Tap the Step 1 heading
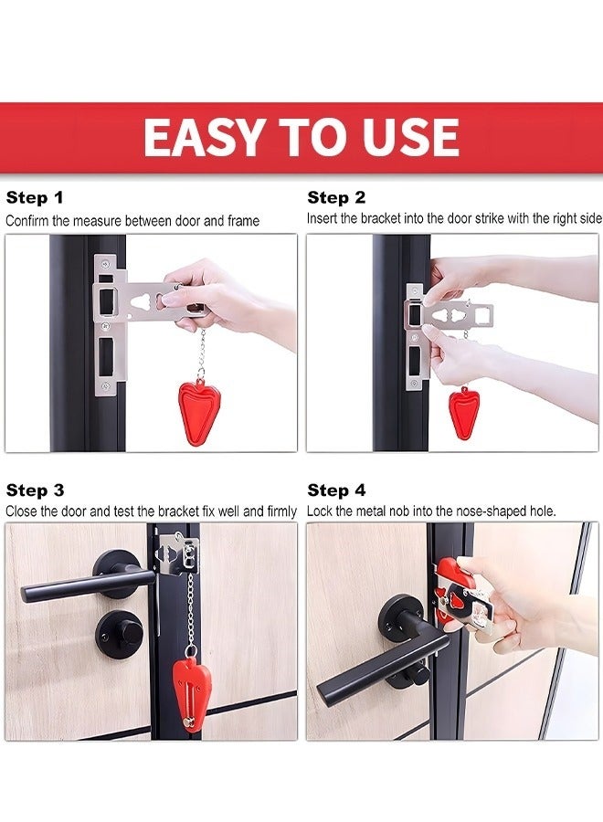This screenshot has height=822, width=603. click(x=35, y=197)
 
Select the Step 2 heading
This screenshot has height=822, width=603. click(x=336, y=197)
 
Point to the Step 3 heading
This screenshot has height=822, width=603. click(x=35, y=490)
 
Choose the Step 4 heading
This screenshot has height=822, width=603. click(x=336, y=490)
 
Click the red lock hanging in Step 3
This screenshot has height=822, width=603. click(x=191, y=694)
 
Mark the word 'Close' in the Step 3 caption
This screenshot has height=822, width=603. click(x=22, y=511)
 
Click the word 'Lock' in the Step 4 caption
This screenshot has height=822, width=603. click(x=321, y=511)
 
